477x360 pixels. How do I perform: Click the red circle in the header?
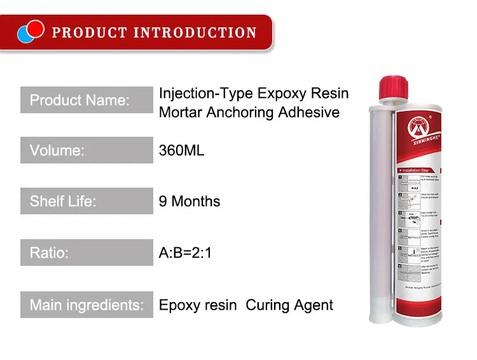coord(35,28)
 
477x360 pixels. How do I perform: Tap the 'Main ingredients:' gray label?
coord(86,305)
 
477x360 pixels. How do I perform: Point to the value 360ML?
coord(181,151)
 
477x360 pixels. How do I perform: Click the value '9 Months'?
coord(189,202)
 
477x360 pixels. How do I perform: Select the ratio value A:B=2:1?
coord(185,253)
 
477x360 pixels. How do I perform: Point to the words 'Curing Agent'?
coord(289,305)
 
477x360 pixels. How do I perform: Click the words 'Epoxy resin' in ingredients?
coord(197,305)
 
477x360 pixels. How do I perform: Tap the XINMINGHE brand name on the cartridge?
coord(417,153)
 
